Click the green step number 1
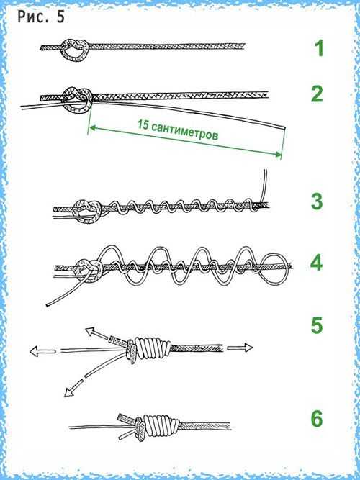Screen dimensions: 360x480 [x=319, y=48]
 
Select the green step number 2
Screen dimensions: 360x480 [x=317, y=94]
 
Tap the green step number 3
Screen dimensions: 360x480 [x=317, y=201]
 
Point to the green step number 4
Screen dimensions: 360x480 [x=317, y=263]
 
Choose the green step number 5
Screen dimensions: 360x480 [x=317, y=326]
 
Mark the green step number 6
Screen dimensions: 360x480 [x=317, y=418]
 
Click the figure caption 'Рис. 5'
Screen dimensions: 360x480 [x=41, y=17]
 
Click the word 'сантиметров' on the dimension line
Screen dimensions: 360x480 [x=185, y=131]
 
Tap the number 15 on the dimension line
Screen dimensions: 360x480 [x=143, y=125]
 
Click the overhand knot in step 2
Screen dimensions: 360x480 [x=77, y=99]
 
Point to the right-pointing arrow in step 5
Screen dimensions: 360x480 [x=240, y=348]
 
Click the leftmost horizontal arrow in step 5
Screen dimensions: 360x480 [x=42, y=350]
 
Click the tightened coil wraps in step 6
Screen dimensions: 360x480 [x=160, y=425]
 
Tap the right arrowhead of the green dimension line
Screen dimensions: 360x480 [x=278, y=155]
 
